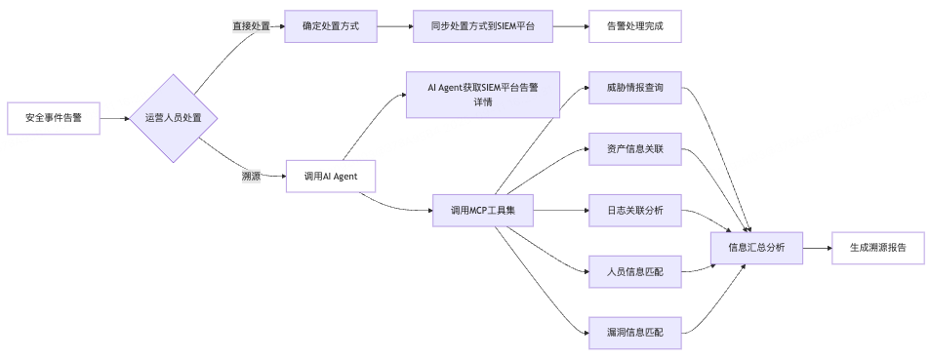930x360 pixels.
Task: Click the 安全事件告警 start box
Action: coord(53,118)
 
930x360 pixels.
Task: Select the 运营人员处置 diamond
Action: coord(174,118)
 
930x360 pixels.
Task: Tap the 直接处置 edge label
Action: coord(251,26)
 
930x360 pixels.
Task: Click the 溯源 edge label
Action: coord(251,177)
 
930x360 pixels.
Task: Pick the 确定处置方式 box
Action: coord(331,26)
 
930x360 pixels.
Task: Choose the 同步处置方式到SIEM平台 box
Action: coord(482,26)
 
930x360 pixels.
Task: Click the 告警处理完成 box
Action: coord(634,26)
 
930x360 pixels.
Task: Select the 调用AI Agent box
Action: coord(331,177)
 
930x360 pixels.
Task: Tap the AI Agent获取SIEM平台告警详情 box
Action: coord(482,94)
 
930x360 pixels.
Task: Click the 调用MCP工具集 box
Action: coord(482,210)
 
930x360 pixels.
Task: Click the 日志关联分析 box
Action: coord(634,210)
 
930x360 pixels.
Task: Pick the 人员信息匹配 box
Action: coord(634,271)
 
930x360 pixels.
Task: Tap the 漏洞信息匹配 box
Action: coord(634,333)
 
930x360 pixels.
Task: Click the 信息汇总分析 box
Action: coord(756,248)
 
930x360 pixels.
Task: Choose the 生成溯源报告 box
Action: coord(877,248)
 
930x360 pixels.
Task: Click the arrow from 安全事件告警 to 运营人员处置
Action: coord(115,118)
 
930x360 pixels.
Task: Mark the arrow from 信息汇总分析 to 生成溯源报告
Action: coord(817,248)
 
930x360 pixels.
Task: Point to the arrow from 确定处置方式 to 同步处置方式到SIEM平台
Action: coord(393,26)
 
